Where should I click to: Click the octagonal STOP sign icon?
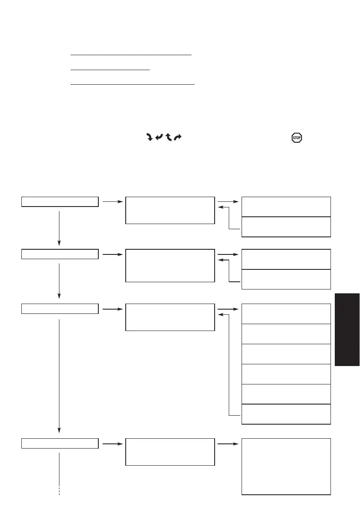296,138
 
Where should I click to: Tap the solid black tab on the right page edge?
347,329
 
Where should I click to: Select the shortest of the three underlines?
110,69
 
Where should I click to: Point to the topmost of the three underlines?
131,55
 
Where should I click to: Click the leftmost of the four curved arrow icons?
150,137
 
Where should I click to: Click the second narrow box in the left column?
60,254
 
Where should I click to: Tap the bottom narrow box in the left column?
60,443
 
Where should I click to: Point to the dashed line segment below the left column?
59,490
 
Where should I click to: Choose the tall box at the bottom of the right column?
286,466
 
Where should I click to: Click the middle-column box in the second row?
170,266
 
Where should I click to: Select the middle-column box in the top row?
170,210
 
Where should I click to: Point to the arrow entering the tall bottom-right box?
228,443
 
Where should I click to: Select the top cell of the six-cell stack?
286,313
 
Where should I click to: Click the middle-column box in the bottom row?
170,452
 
